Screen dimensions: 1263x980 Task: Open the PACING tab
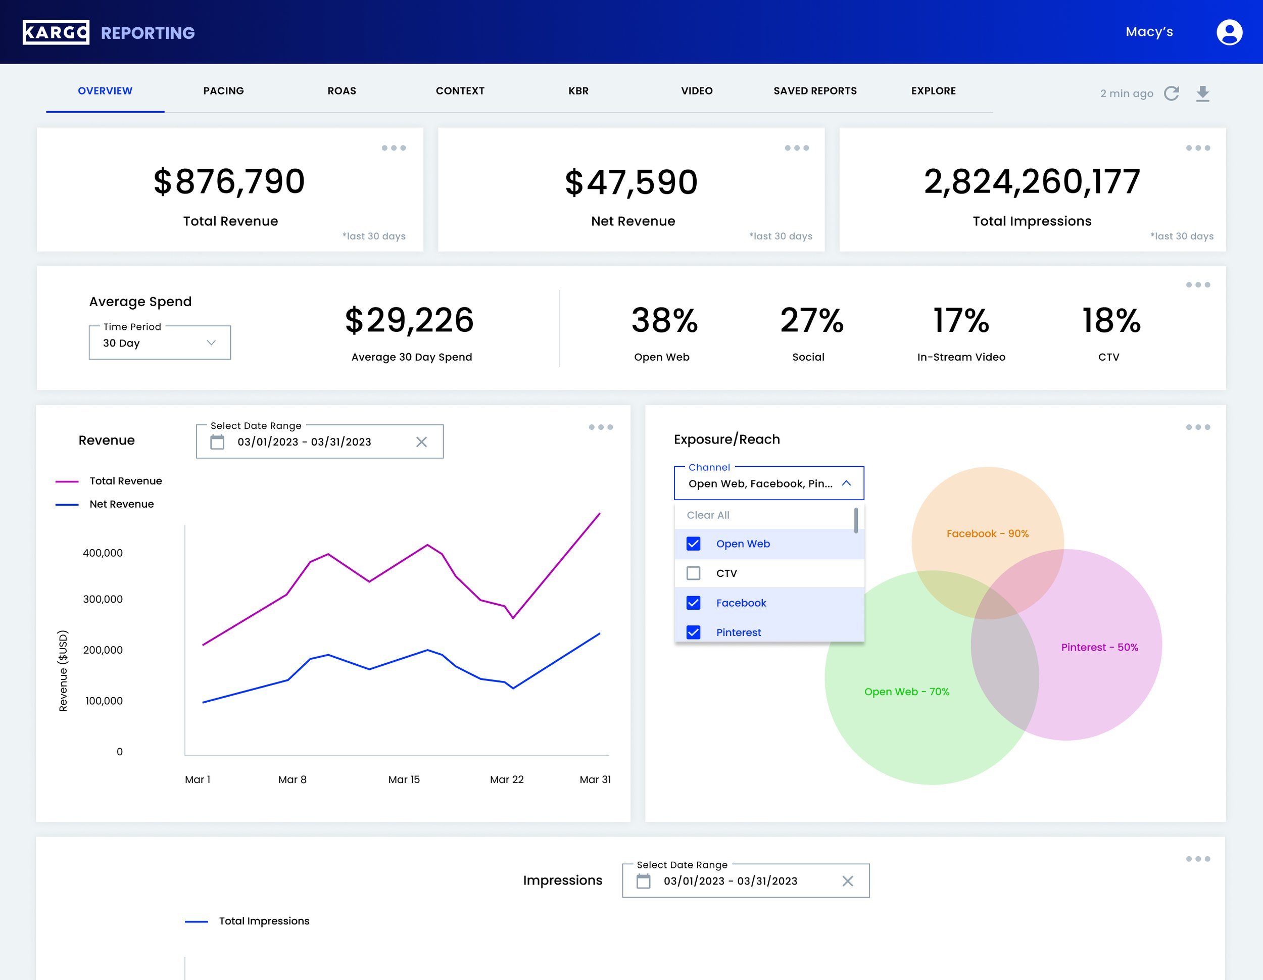pos(223,91)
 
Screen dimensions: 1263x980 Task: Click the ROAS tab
pos(342,91)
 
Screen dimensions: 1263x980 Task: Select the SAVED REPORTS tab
pos(815,91)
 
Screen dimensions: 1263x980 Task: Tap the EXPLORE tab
pos(934,91)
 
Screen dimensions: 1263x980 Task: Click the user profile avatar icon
pos(1229,32)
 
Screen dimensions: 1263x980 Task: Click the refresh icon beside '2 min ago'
pos(1171,93)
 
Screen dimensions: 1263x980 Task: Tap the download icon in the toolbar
pos(1203,93)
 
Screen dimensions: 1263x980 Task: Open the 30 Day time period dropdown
pos(160,342)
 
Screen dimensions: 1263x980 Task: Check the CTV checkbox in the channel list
pos(693,573)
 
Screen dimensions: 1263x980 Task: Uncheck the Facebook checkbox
pos(693,603)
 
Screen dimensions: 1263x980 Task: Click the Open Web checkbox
pos(693,544)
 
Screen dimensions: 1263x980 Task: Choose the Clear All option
pos(708,515)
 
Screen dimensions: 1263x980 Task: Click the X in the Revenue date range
pos(421,442)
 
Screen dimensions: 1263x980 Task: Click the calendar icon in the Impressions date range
pos(643,880)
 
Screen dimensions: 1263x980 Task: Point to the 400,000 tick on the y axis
pos(103,553)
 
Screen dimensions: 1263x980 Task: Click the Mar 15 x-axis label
pos(404,779)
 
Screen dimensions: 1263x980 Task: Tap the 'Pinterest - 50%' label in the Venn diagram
pos(1099,647)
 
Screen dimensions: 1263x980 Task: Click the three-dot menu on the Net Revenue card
pos(796,148)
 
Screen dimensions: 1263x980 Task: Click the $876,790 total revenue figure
pos(229,181)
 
